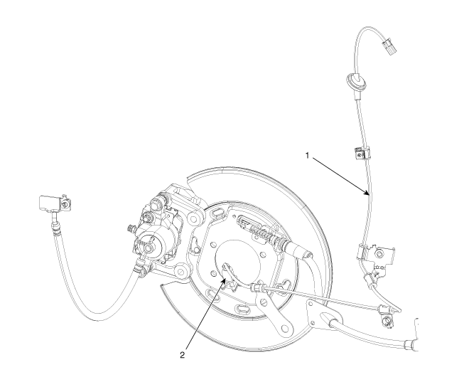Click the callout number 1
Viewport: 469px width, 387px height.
pyautogui.click(x=307, y=155)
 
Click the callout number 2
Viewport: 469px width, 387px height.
pyautogui.click(x=182, y=355)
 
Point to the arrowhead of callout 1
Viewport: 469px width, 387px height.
pyautogui.click(x=367, y=193)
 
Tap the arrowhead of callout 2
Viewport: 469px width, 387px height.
pyautogui.click(x=224, y=280)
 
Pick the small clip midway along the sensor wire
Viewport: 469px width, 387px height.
pyautogui.click(x=362, y=153)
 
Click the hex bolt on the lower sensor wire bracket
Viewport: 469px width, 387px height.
pyautogui.click(x=380, y=254)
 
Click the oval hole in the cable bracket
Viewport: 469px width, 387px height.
pyautogui.click(x=328, y=318)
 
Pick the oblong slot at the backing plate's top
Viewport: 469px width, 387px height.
pyautogui.click(x=216, y=213)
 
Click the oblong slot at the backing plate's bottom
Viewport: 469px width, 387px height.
pyautogui.click(x=242, y=309)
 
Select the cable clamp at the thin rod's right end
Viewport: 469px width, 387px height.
pyautogui.click(x=384, y=309)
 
